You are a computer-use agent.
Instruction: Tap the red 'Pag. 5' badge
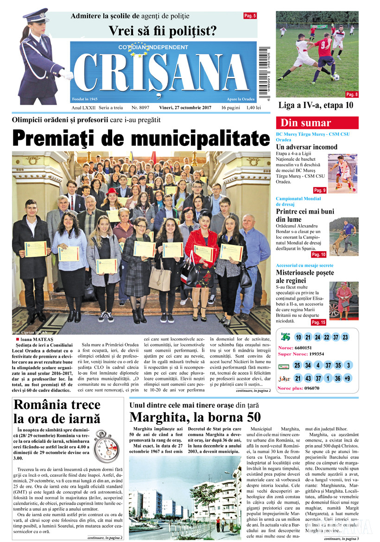click(250, 16)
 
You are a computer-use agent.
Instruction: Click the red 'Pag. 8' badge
click(352, 95)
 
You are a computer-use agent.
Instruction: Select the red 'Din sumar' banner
click(317, 123)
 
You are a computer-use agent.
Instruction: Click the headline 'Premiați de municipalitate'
click(140, 139)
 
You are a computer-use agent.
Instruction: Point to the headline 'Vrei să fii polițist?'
click(163, 32)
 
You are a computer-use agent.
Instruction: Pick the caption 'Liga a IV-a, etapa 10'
click(316, 105)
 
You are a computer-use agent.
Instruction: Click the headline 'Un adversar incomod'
click(306, 147)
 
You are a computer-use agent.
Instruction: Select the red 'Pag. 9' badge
click(319, 190)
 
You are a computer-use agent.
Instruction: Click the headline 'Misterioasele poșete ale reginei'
click(304, 277)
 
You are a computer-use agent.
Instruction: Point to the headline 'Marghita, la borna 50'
click(195, 416)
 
